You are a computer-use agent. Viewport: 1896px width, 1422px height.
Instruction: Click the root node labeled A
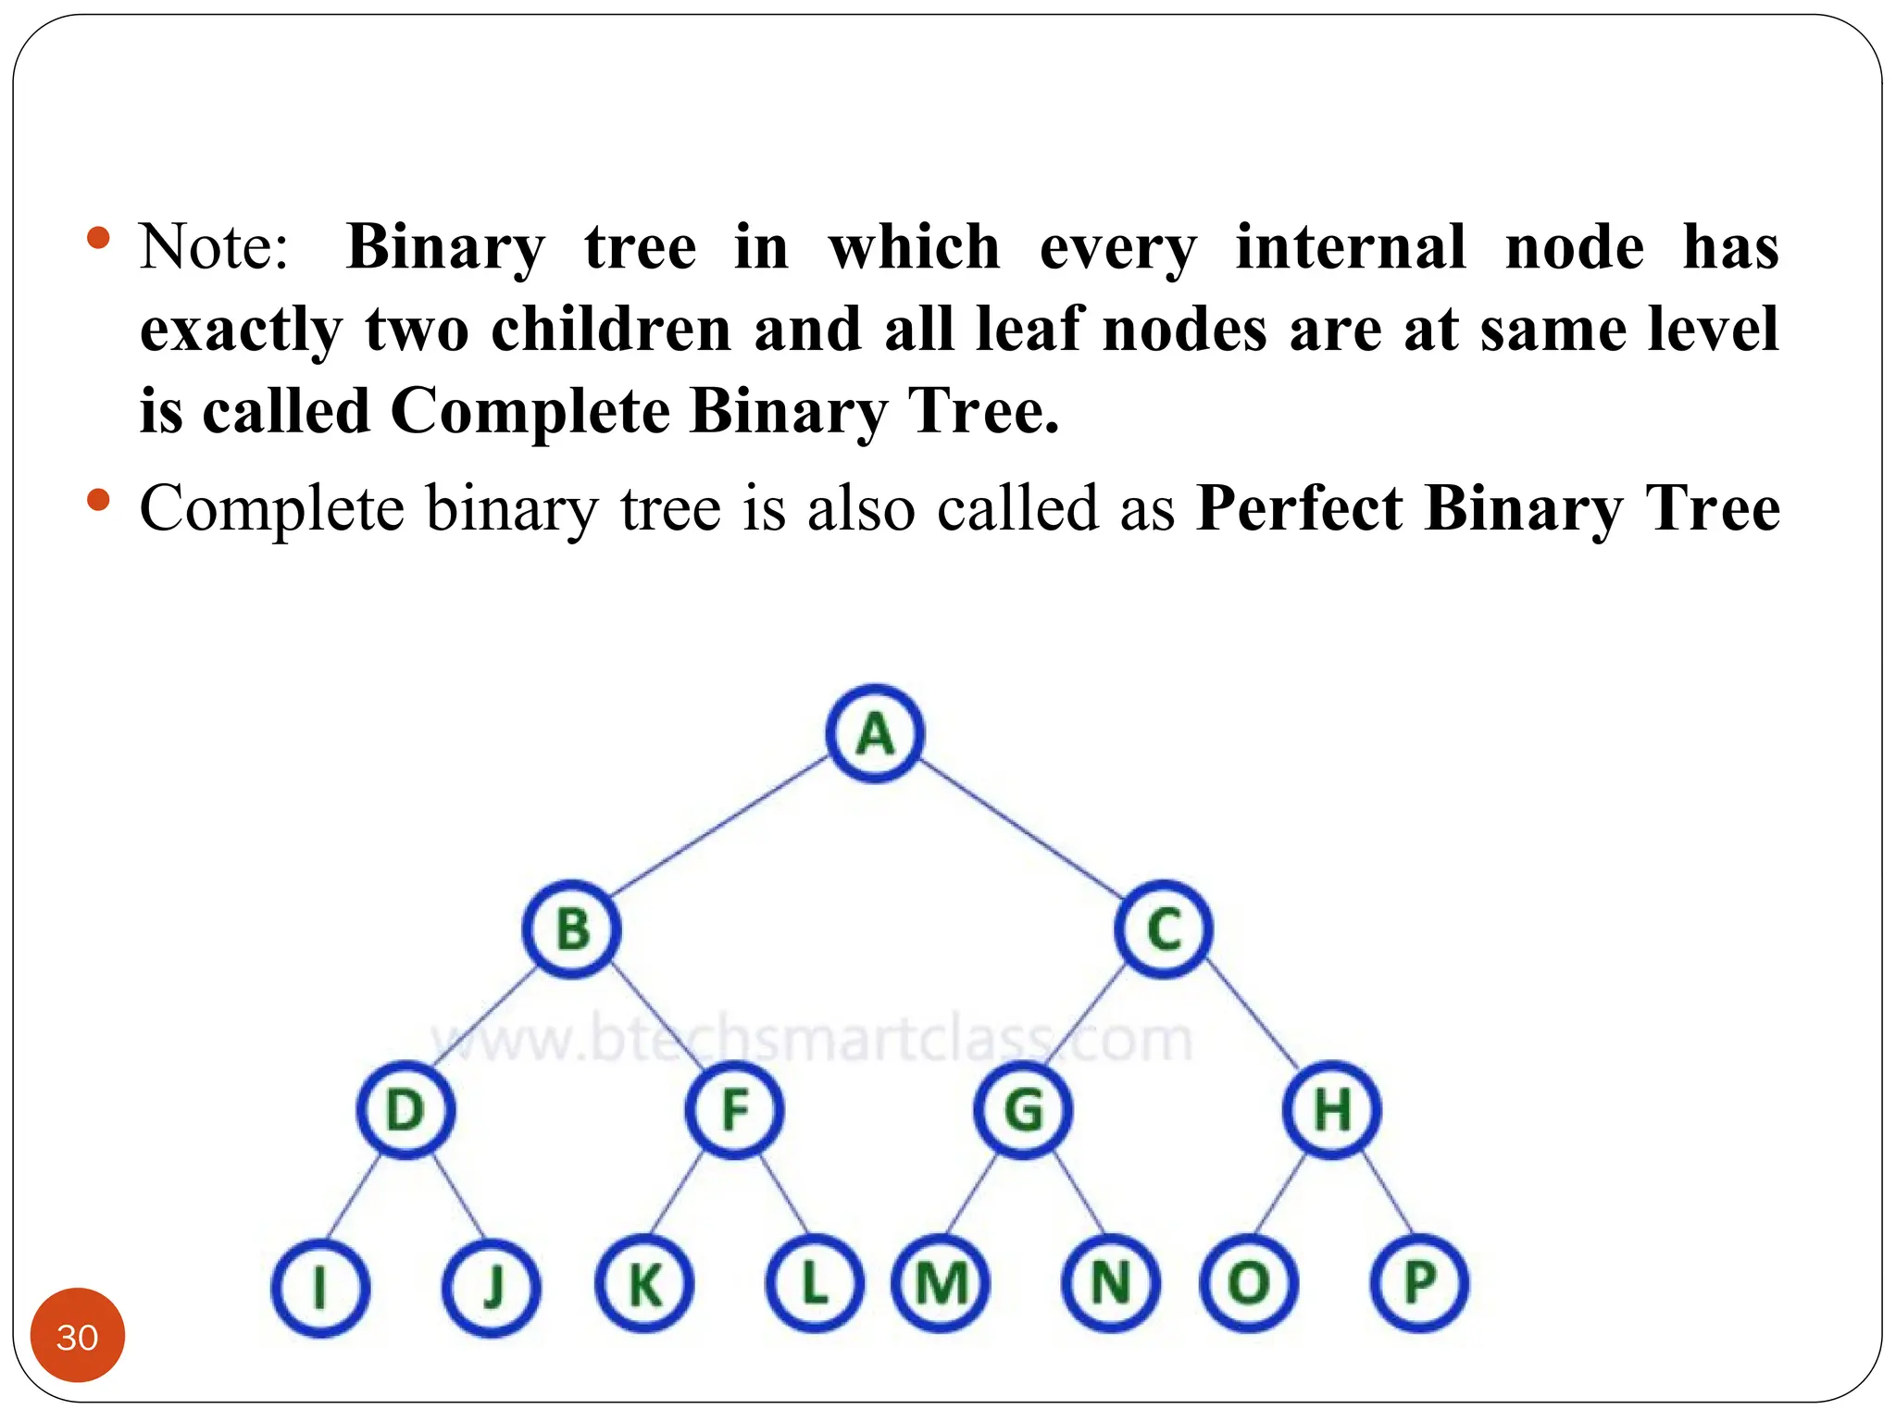(875, 734)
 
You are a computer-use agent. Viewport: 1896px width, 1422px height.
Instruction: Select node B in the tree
(572, 929)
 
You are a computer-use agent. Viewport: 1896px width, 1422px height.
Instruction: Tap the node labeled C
(1164, 929)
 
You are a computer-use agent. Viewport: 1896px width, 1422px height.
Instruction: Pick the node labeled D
(405, 1109)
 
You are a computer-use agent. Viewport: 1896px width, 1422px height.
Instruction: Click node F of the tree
(734, 1109)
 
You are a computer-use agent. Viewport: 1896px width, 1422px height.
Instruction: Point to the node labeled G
(1023, 1109)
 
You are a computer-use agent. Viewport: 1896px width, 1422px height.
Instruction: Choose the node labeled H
(1332, 1109)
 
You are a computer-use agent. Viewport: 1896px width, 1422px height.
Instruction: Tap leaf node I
(320, 1287)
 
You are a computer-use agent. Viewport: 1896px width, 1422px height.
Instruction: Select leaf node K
(644, 1285)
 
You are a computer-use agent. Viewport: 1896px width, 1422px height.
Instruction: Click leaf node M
(941, 1285)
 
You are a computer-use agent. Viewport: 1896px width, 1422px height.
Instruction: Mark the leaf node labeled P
(1419, 1283)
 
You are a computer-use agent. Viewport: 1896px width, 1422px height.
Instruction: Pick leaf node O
(1249, 1285)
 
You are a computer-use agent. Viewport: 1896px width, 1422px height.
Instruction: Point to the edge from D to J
(458, 1197)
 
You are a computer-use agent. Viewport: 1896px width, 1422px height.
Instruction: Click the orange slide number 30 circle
(78, 1336)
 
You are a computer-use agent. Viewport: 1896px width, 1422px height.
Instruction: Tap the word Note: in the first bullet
(214, 247)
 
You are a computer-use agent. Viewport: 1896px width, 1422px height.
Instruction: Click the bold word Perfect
(1300, 508)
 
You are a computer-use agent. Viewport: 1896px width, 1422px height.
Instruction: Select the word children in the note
(611, 330)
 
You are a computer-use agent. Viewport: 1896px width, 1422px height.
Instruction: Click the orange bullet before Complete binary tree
(98, 501)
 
